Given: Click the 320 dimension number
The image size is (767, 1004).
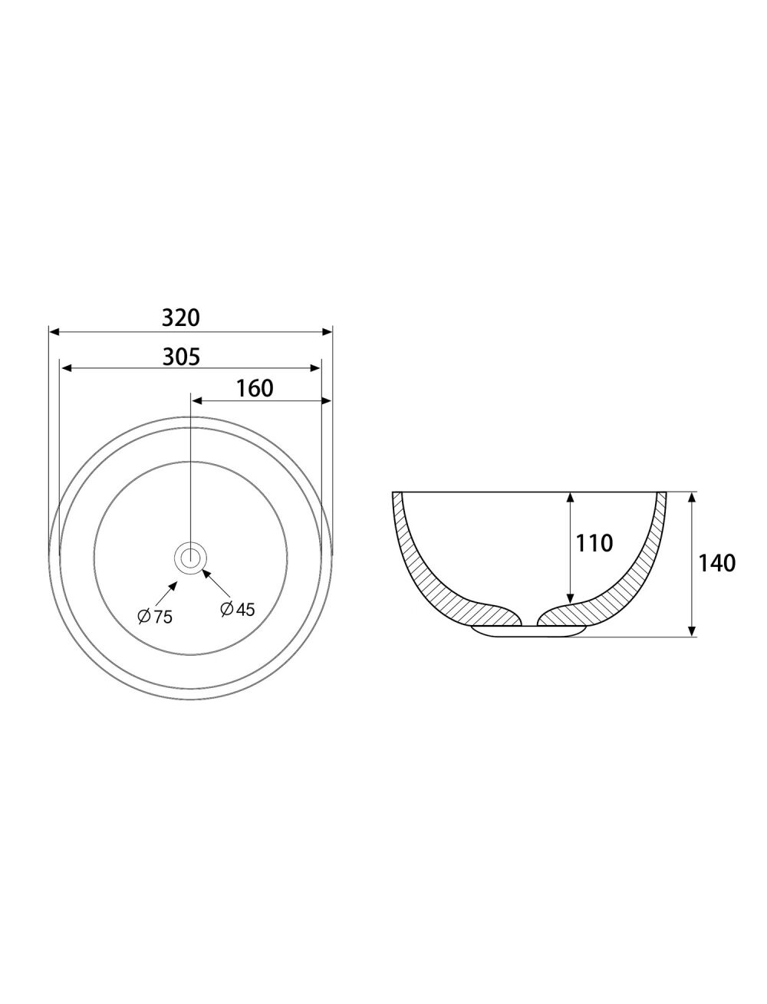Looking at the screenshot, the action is click(181, 318).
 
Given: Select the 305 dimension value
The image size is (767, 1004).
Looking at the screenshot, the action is click(181, 357).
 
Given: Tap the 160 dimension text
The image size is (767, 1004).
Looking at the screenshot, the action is click(255, 388).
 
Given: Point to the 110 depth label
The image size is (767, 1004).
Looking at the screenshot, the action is click(594, 543).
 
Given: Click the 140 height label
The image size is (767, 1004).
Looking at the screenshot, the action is click(716, 563).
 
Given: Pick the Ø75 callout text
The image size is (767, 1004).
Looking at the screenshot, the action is click(155, 617).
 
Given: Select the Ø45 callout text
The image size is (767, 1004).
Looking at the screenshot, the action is click(237, 609).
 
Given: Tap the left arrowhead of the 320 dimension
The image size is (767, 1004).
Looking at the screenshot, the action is click(54, 331).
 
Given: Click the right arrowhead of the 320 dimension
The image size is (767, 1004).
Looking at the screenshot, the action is click(327, 331).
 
